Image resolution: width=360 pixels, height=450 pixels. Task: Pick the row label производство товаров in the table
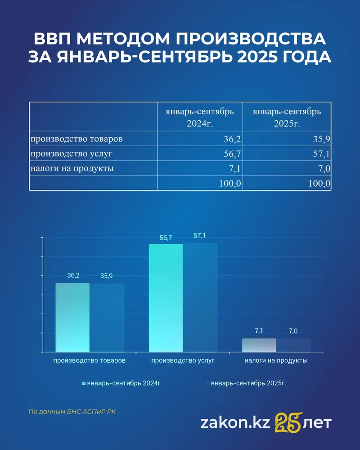click(76, 139)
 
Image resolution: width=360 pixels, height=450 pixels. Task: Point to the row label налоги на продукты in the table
click(72, 169)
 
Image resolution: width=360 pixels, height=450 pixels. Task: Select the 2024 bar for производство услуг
click(166, 297)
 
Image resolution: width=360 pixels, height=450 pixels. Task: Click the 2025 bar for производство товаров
click(107, 317)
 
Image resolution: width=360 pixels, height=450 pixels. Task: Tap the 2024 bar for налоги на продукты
click(259, 345)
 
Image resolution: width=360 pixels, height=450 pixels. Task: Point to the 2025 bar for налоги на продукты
click(293, 345)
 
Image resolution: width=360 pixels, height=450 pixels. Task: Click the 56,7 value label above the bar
click(166, 237)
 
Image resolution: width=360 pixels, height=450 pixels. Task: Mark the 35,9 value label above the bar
click(107, 276)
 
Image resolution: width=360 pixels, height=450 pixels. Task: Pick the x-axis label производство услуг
click(183, 360)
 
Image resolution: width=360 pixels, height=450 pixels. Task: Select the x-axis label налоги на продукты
click(276, 360)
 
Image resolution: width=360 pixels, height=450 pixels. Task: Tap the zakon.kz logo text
click(234, 423)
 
